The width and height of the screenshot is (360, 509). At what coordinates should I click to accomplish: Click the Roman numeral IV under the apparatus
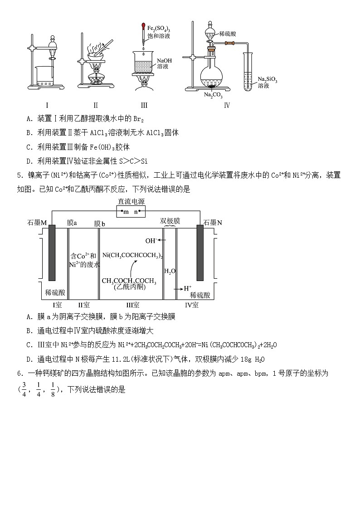pos(227,106)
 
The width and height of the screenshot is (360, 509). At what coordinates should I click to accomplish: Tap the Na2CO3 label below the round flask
pos(212,95)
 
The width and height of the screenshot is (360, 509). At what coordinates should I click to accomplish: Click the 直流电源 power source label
pos(131,202)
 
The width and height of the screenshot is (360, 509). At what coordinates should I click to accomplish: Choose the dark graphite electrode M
pos(52,252)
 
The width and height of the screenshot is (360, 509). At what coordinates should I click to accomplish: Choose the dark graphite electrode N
pos(200,252)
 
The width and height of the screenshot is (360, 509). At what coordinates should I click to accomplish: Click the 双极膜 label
pos(170,221)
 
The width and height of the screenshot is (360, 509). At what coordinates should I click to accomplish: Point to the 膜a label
pos(72,223)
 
